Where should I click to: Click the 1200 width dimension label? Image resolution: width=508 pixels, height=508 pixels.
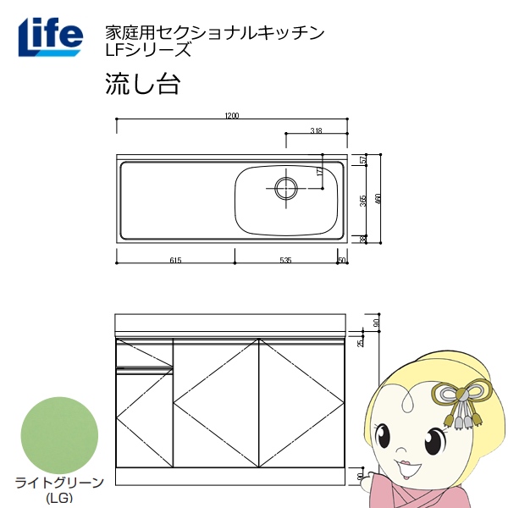coord(233,117)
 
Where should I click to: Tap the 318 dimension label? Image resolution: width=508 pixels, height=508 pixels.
coord(316,130)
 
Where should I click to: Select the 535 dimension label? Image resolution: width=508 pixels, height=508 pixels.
coord(285,261)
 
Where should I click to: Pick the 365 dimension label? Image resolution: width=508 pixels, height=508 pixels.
coord(363,202)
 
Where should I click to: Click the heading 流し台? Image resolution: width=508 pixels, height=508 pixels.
coord(140,84)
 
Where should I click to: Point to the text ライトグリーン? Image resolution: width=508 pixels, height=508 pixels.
coord(58,483)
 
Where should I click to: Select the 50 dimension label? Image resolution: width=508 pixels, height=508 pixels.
coord(341,261)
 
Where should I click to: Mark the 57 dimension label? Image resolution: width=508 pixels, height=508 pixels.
coord(363,161)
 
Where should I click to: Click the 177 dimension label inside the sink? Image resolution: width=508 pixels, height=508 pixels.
coord(319,171)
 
